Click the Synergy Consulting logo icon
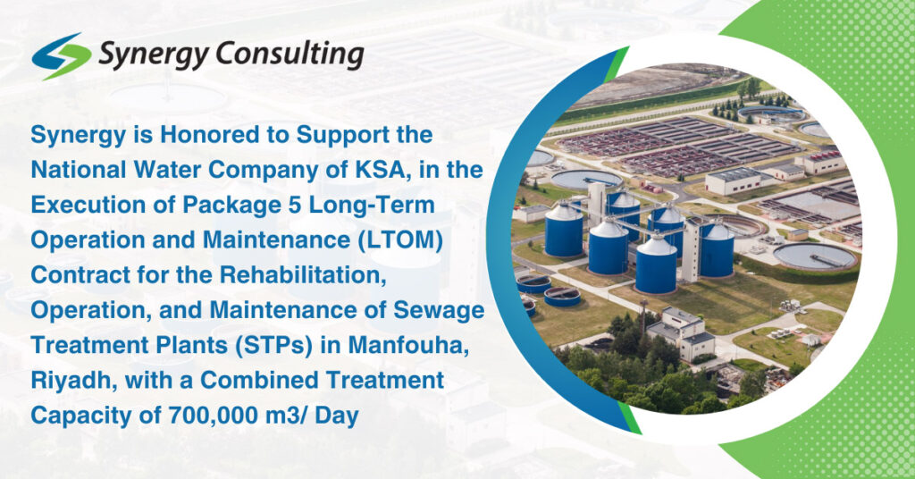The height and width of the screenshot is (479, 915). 61,56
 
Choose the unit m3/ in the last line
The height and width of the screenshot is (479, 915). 291,415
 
